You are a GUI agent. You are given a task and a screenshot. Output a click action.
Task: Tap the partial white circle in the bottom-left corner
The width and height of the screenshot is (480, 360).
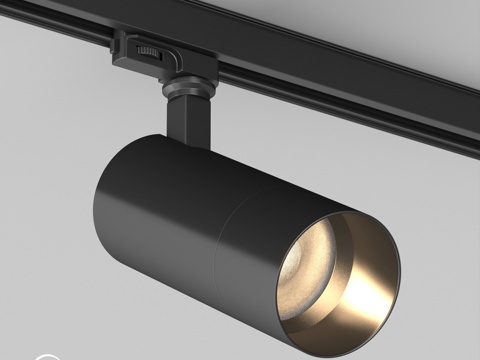point(45,355)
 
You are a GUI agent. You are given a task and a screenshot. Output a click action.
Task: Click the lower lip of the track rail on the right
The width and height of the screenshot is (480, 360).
point(400,110)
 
